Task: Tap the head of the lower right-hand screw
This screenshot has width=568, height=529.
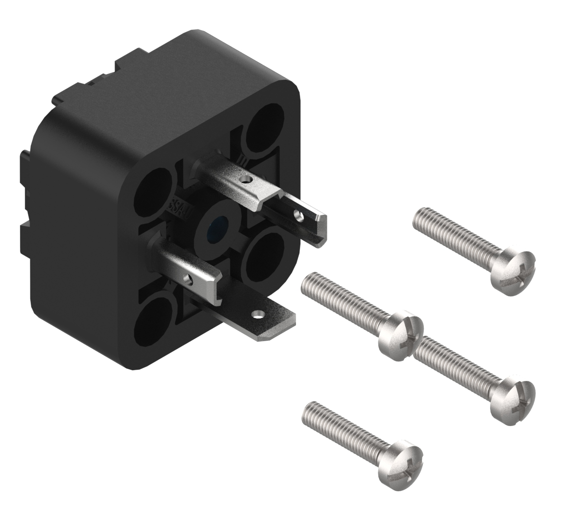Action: [x=513, y=398]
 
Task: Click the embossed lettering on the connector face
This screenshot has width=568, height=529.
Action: [x=177, y=203]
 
